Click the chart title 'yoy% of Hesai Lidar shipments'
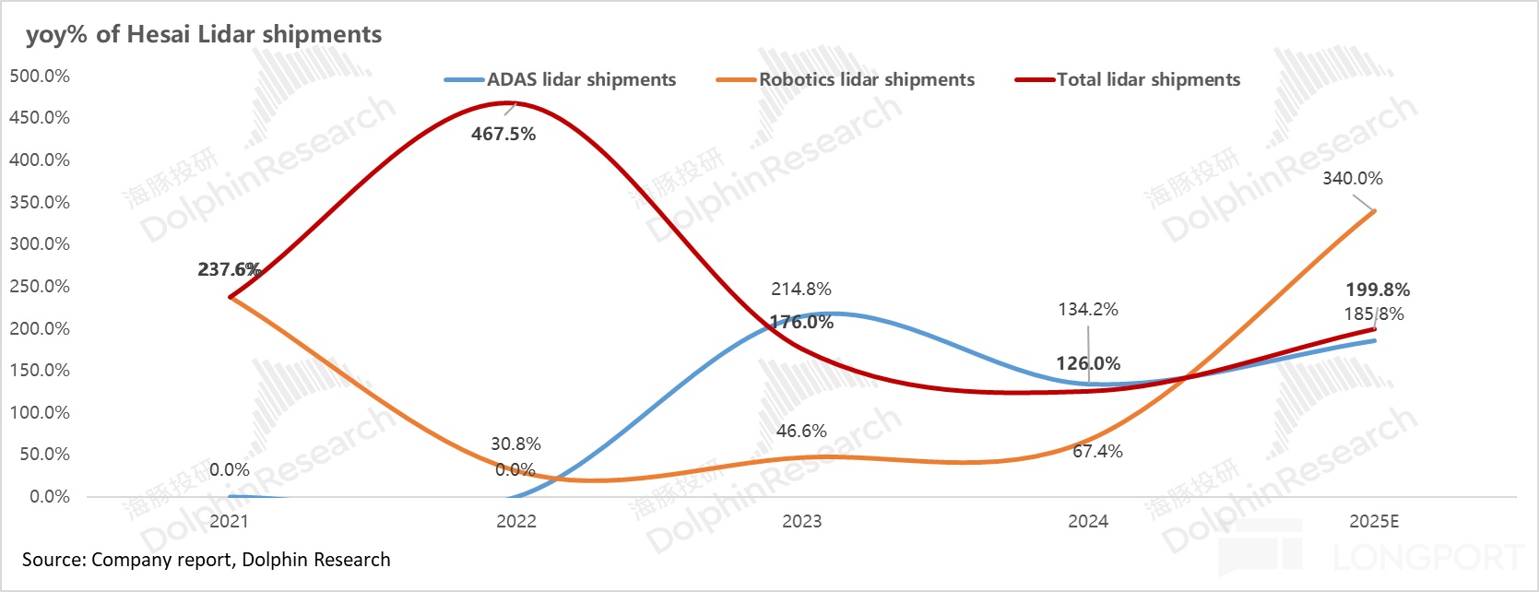(x=203, y=34)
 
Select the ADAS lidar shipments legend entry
(x=581, y=80)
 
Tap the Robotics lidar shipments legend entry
(x=866, y=80)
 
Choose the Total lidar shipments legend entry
(x=1148, y=80)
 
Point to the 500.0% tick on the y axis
(x=40, y=76)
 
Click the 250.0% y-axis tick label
(x=40, y=286)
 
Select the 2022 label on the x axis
(x=515, y=521)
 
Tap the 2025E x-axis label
(x=1373, y=521)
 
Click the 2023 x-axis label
(x=801, y=521)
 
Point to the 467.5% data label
(x=503, y=134)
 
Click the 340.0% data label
(x=1352, y=178)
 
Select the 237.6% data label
(x=229, y=269)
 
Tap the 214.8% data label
(x=800, y=289)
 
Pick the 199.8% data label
(x=1377, y=290)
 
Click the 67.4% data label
(x=1097, y=451)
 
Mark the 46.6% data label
(x=800, y=431)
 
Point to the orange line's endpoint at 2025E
(x=1374, y=211)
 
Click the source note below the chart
(x=206, y=560)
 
